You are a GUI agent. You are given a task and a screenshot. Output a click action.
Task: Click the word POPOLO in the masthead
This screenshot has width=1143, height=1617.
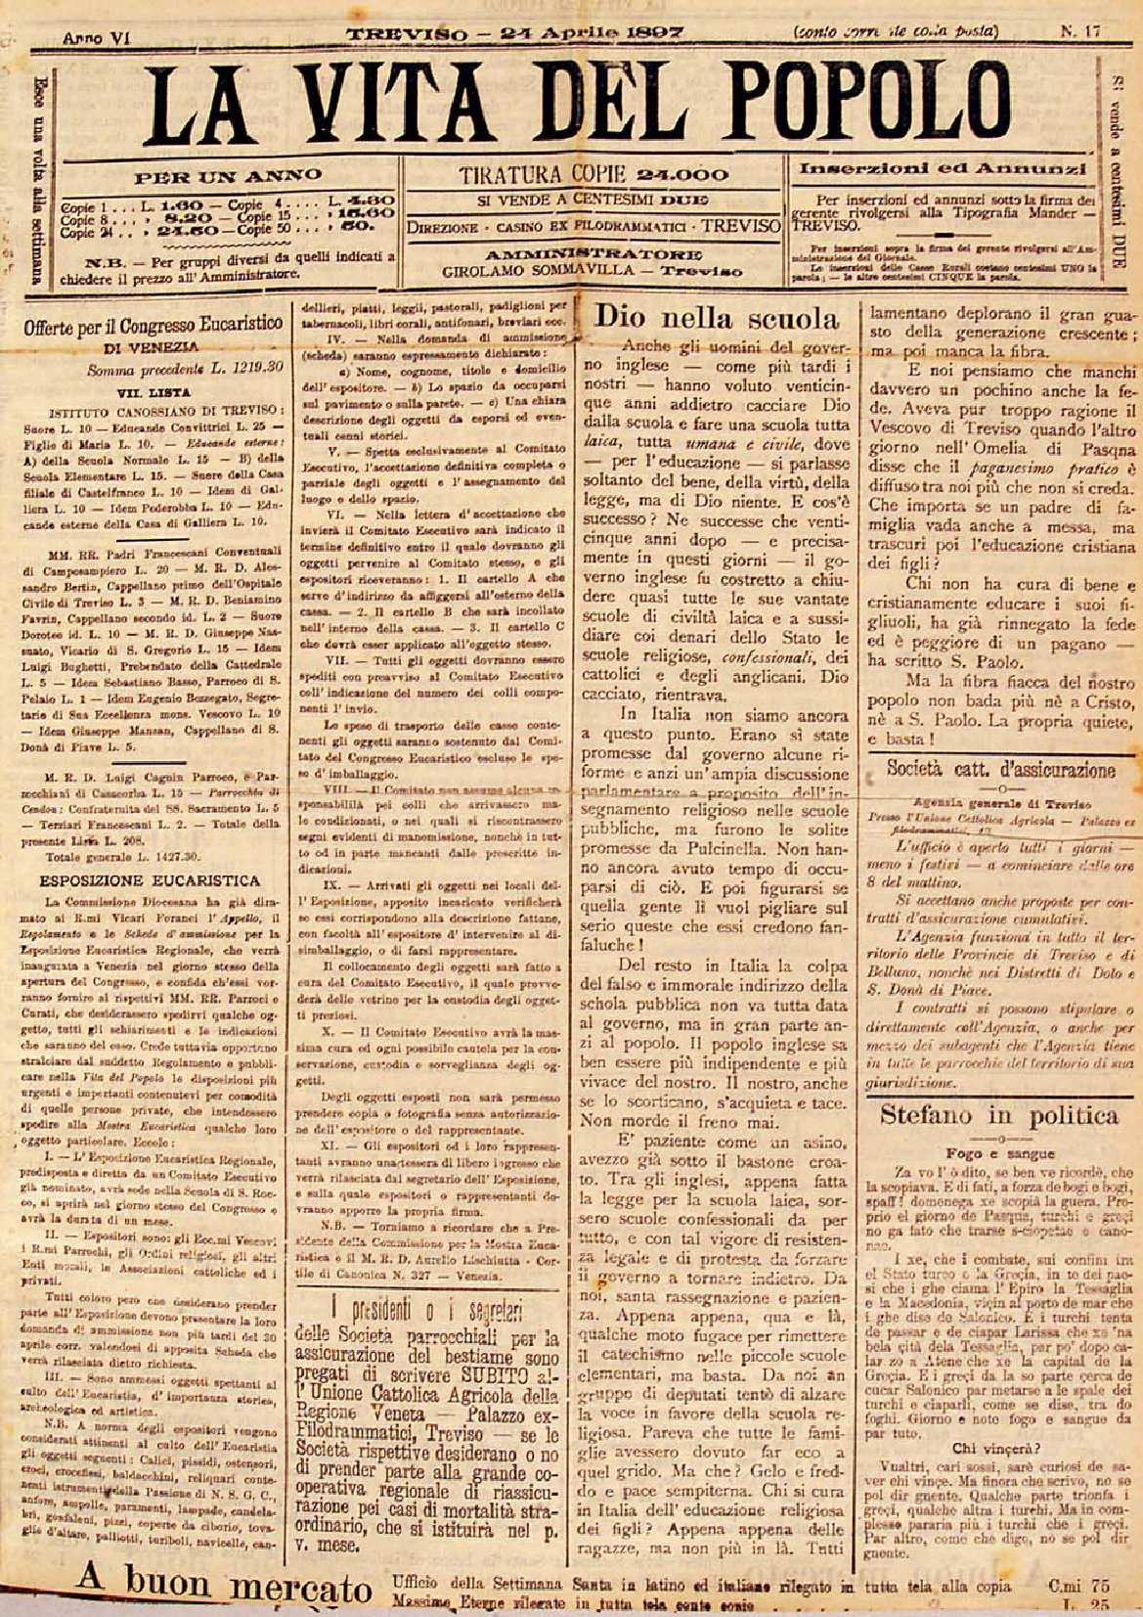908,104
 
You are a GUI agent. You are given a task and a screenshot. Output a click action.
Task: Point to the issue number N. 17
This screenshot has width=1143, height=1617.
1079,30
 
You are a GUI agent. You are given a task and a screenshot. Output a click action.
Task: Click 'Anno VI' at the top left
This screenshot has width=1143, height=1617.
96,37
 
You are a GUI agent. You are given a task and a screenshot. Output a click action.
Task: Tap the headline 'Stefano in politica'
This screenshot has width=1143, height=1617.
999,1114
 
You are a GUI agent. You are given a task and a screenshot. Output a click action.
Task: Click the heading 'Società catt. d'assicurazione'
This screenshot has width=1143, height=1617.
999,769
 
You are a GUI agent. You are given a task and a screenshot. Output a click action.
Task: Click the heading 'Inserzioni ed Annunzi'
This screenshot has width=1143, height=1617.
944,168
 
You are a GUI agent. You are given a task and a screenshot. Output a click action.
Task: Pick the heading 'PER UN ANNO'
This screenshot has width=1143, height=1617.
228,177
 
